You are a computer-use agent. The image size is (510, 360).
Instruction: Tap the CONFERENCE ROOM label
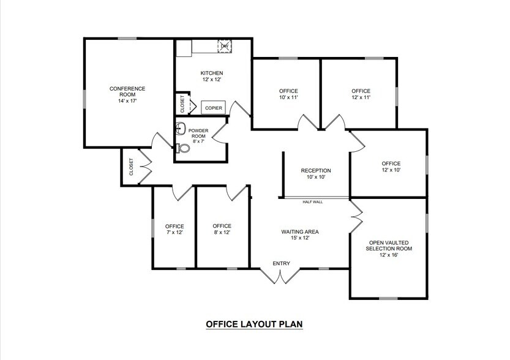(x=127, y=94)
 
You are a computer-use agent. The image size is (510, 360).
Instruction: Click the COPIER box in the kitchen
(x=213, y=108)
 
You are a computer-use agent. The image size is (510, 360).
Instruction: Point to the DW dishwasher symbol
(x=225, y=47)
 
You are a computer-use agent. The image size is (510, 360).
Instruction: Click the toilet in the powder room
(x=182, y=148)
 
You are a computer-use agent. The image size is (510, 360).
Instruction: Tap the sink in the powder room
(x=181, y=129)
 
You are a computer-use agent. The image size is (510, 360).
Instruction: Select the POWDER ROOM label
(x=198, y=135)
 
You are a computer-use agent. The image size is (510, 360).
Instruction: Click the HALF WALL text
(x=312, y=201)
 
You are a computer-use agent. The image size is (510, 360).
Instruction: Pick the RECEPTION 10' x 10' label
(x=316, y=173)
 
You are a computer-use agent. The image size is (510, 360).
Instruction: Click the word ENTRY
(x=282, y=264)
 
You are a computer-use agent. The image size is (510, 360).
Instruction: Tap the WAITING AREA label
(x=300, y=234)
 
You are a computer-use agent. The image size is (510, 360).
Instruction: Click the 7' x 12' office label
(x=174, y=229)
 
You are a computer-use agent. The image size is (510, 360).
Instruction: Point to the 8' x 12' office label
(x=222, y=229)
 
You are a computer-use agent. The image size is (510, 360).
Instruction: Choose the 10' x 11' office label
(x=288, y=94)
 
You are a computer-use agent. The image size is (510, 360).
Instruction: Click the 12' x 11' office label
(x=361, y=94)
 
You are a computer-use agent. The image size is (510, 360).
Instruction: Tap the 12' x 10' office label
(x=391, y=167)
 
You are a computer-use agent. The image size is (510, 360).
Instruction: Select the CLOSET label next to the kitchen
(x=182, y=103)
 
